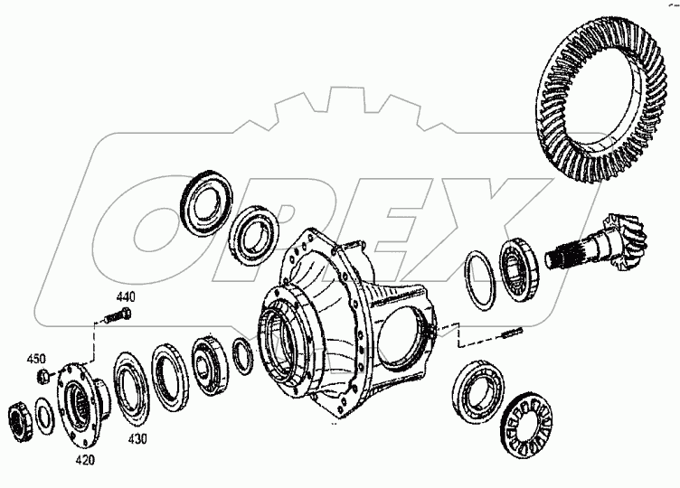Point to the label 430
[136, 439]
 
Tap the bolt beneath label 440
[116, 317]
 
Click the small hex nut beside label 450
[42, 375]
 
